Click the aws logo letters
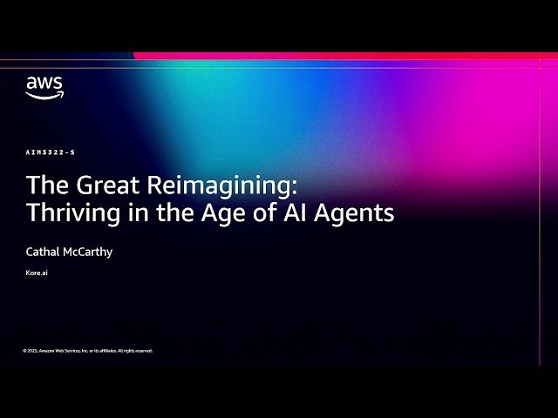pos(44,84)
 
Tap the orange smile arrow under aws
pos(44,95)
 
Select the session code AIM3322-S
pos(51,152)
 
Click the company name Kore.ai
pos(37,273)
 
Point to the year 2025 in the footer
pos(32,351)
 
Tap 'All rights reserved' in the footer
pos(134,351)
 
